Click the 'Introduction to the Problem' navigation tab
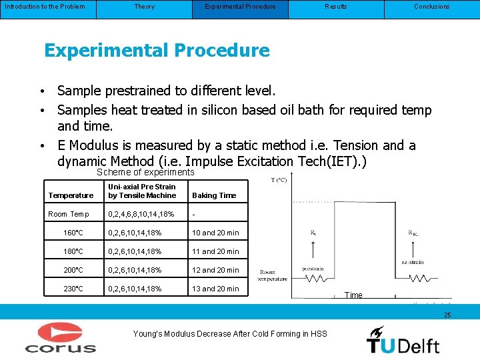pos(45,7)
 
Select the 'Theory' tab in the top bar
pos(144,7)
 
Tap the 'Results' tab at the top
pos(335,7)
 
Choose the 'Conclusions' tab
pos(431,7)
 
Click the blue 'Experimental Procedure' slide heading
pos(157,51)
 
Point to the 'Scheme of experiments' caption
pos(145,172)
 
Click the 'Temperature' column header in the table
pos(71,195)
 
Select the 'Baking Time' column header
pos(214,195)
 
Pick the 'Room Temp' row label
pos(69,214)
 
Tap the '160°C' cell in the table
pos(73,233)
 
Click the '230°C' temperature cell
pos(73,289)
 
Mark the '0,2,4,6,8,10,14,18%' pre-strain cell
pos(141,214)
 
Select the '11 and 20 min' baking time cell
pos(215,251)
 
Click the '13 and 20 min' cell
pos(215,289)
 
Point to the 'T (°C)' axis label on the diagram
pos(279,180)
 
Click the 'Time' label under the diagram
pos(353,295)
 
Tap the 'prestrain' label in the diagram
pos(313,269)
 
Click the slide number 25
pos(447,314)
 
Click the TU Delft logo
pos(403,339)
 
